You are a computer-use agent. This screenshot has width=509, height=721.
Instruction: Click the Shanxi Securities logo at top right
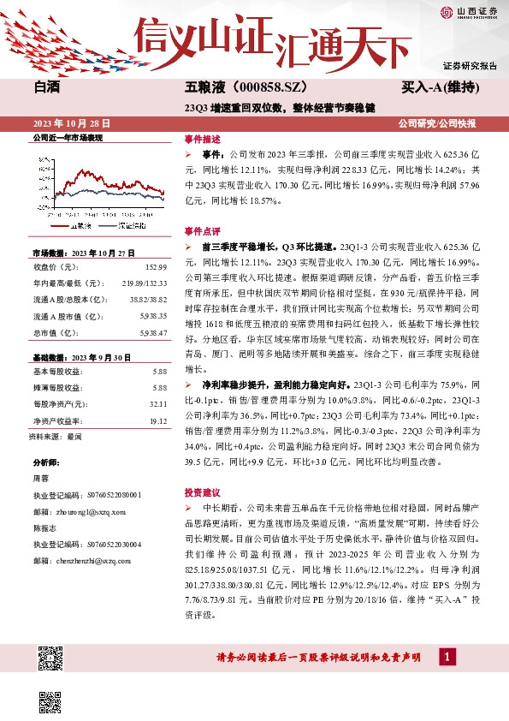click(469, 13)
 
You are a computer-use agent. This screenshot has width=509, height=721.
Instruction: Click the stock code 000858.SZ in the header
click(264, 87)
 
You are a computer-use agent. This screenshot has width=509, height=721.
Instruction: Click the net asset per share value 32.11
click(157, 402)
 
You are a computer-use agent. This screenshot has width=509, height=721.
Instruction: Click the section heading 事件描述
click(202, 138)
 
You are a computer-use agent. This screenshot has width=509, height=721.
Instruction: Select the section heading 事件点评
click(202, 231)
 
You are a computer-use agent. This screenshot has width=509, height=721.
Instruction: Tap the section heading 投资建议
click(202, 492)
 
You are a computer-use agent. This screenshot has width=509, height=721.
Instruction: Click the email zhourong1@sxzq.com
click(79, 511)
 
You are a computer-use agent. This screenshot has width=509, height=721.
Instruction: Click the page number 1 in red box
click(446, 657)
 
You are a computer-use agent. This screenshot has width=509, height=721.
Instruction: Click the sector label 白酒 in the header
click(47, 87)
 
